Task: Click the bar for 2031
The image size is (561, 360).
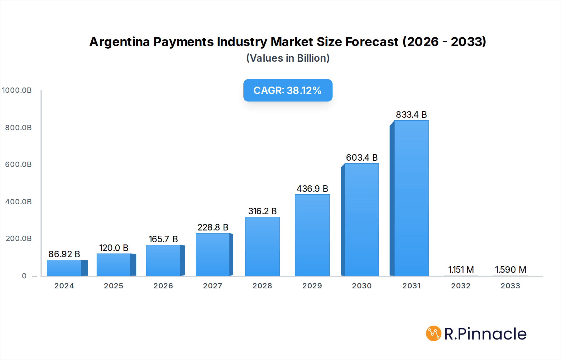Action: click(411, 198)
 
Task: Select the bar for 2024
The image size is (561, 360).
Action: click(64, 268)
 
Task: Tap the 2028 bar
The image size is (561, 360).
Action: click(262, 246)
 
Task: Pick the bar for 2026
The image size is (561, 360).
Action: click(163, 260)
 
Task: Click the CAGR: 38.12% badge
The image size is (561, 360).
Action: click(288, 90)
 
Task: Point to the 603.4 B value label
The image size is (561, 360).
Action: click(362, 158)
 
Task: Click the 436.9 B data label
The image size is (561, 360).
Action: click(312, 189)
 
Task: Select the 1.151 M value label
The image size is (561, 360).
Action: click(461, 270)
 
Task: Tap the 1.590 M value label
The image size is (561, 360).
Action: click(510, 270)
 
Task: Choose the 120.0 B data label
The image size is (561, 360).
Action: click(113, 248)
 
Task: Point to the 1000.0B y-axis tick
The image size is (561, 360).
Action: click(17, 90)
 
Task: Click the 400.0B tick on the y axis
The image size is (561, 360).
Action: click(18, 202)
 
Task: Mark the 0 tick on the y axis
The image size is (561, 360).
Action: click(24, 276)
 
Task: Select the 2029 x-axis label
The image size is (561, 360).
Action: click(312, 286)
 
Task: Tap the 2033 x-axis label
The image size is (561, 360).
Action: click(510, 286)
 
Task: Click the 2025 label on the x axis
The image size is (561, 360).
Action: click(113, 286)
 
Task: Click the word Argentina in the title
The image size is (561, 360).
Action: click(119, 42)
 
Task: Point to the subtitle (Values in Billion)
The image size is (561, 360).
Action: click(288, 58)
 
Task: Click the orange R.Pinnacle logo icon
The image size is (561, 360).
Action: click(433, 334)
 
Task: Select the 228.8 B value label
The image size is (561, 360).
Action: click(213, 227)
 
